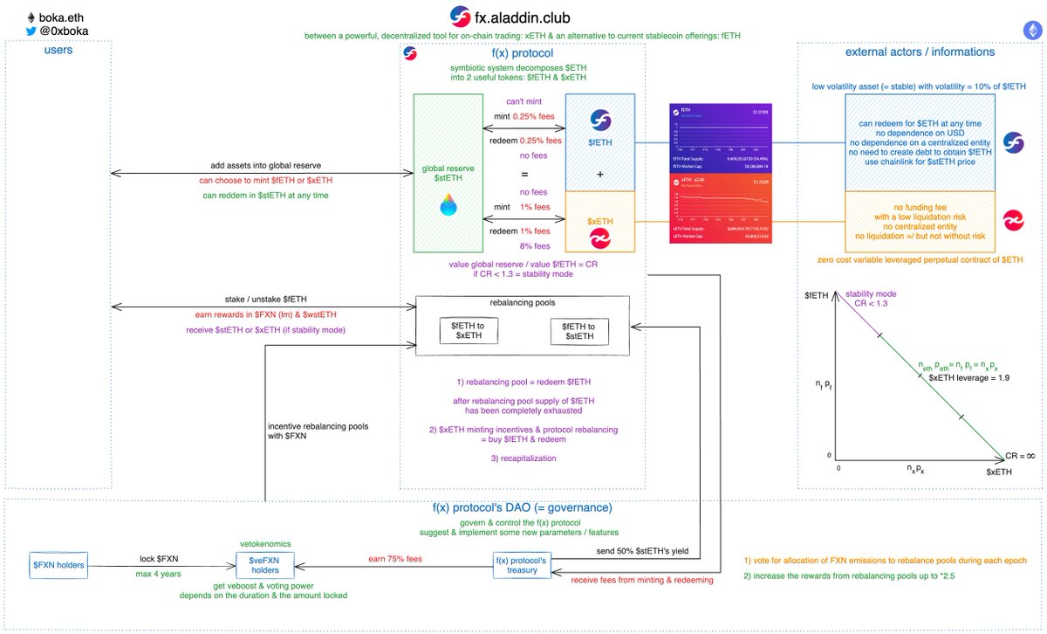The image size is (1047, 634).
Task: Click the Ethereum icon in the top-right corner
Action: pos(1031,29)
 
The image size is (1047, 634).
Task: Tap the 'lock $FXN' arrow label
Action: pos(161,558)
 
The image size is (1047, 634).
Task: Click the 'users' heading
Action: pos(58,51)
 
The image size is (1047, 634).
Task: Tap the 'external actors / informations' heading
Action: pos(920,52)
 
